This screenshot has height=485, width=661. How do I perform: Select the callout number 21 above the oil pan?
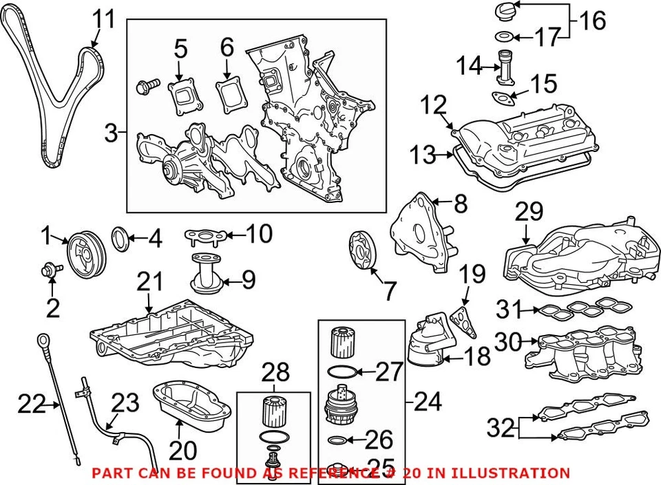150,282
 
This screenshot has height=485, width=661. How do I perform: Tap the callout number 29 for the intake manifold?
528,213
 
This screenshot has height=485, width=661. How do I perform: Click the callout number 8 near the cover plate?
459,204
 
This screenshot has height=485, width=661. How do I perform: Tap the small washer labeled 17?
504,36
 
